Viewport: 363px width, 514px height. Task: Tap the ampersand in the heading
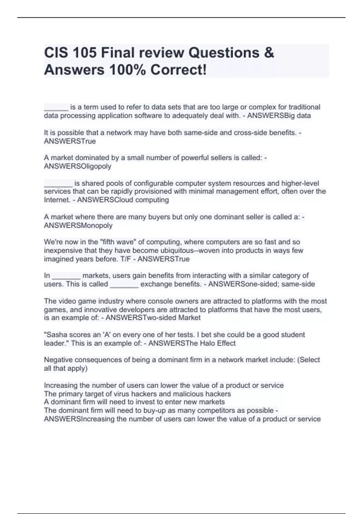point(269,53)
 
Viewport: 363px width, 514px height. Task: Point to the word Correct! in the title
point(179,70)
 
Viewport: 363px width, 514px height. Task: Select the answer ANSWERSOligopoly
point(77,166)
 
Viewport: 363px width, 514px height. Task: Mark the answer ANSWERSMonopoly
point(78,226)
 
